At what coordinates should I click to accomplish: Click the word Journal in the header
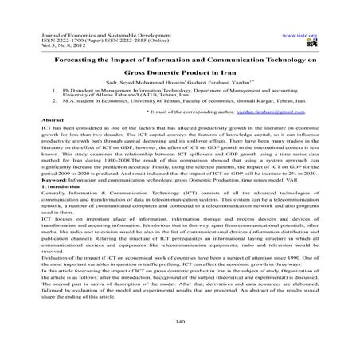(x=37, y=37)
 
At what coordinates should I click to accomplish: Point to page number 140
(x=179, y=319)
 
